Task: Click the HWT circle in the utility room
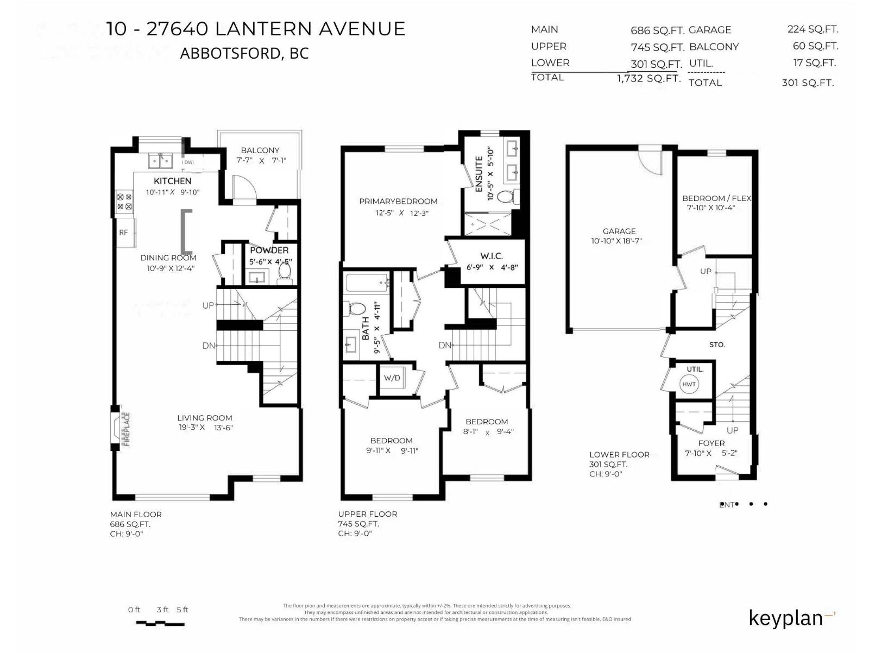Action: click(689, 384)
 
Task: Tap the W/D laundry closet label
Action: click(392, 378)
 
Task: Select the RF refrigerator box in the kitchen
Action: click(124, 233)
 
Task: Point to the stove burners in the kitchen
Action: click(124, 202)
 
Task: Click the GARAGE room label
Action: click(619, 231)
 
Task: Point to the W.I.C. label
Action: click(492, 256)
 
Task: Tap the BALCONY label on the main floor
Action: click(260, 150)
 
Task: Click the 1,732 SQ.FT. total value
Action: click(648, 78)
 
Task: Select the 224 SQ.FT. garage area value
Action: click(813, 29)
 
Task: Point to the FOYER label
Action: click(711, 443)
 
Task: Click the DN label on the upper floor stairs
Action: click(445, 345)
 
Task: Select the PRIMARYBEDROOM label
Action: click(398, 201)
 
